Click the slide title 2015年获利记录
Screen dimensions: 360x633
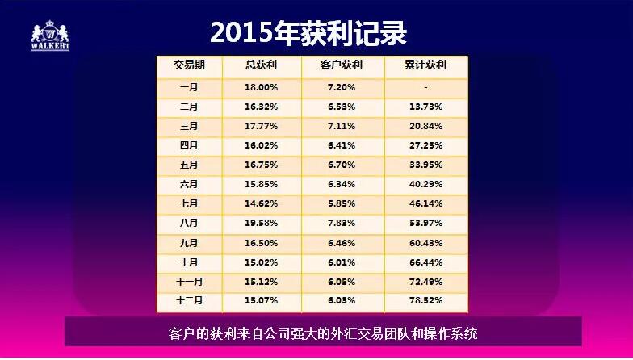coord(308,32)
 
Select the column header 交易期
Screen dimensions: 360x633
coord(189,65)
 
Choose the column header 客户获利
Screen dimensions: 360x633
coord(342,65)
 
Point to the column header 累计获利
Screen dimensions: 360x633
coord(425,65)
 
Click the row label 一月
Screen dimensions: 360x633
coord(189,86)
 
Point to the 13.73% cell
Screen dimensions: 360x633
coord(425,107)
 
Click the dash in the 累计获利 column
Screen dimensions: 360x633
coord(425,86)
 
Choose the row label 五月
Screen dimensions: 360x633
coord(189,165)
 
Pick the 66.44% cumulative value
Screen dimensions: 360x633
coord(425,262)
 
